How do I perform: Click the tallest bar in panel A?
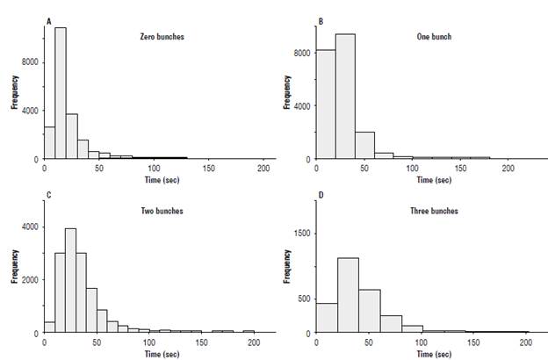[x=61, y=93]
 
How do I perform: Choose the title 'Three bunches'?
[x=437, y=212]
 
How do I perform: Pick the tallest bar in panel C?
[x=71, y=281]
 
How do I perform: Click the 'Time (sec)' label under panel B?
[x=435, y=179]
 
